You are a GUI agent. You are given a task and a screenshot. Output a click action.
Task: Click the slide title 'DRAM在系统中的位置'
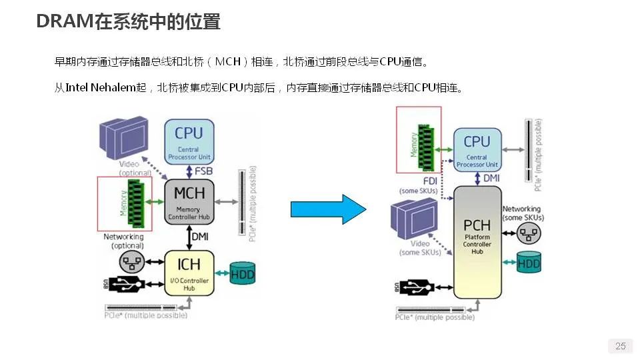click(128, 22)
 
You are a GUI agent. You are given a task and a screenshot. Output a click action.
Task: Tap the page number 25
click(620, 346)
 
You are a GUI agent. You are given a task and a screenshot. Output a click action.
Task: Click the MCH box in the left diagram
click(189, 201)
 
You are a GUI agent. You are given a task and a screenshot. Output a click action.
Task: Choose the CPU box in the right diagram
click(477, 150)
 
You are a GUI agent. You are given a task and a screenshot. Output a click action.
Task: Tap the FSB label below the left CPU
click(204, 171)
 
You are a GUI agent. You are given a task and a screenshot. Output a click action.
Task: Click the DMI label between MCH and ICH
click(201, 236)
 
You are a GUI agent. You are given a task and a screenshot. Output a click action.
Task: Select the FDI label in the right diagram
click(430, 181)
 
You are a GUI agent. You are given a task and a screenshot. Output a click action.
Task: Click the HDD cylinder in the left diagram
click(242, 272)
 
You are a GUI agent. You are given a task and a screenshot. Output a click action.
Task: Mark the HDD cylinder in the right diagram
click(529, 262)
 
